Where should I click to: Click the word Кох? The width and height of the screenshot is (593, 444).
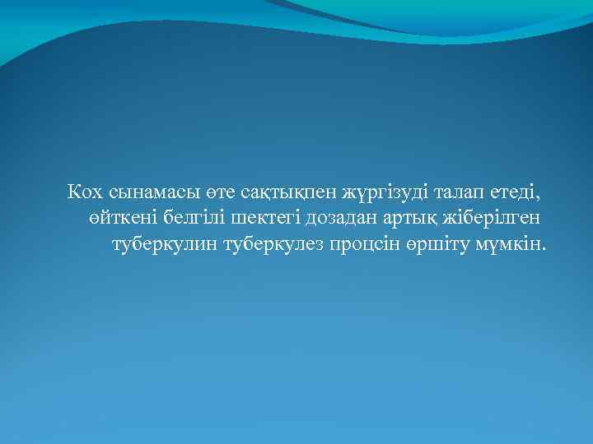pos(85,192)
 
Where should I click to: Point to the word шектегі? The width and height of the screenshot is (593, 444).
pos(267,219)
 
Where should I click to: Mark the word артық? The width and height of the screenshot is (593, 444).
pos(410,219)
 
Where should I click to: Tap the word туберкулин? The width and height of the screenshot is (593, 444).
pos(164,245)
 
